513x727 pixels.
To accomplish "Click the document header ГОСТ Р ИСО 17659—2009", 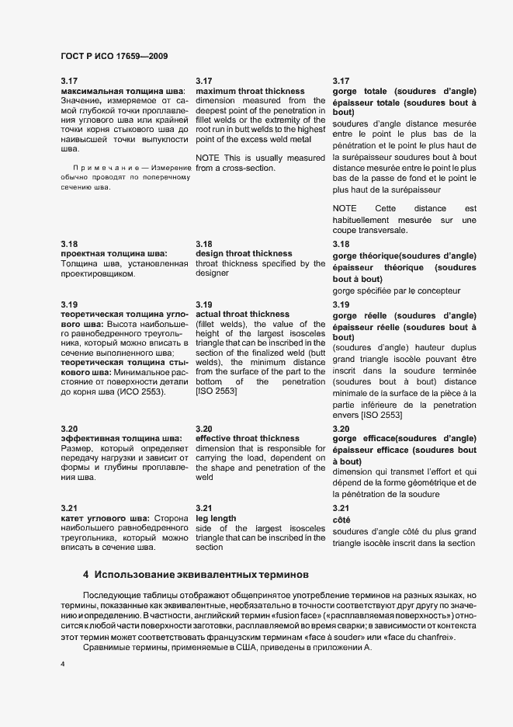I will pyautogui.click(x=114, y=57).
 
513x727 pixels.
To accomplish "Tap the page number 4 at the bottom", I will pyautogui.click(x=63, y=664).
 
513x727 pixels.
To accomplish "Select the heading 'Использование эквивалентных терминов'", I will pyautogui.click(x=202, y=576).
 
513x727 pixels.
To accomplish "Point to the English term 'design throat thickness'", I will pyautogui.click(x=244, y=253).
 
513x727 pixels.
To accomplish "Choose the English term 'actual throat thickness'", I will pyautogui.click(x=242, y=314).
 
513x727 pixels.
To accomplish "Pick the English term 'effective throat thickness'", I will pyautogui.click(x=247, y=438).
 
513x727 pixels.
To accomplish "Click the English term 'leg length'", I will pyautogui.click(x=216, y=518).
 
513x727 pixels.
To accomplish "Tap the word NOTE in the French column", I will pyautogui.click(x=344, y=208).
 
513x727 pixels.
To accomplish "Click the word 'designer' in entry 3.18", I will pyautogui.click(x=213, y=273).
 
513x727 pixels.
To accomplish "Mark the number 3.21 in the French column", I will pyautogui.click(x=341, y=508).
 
